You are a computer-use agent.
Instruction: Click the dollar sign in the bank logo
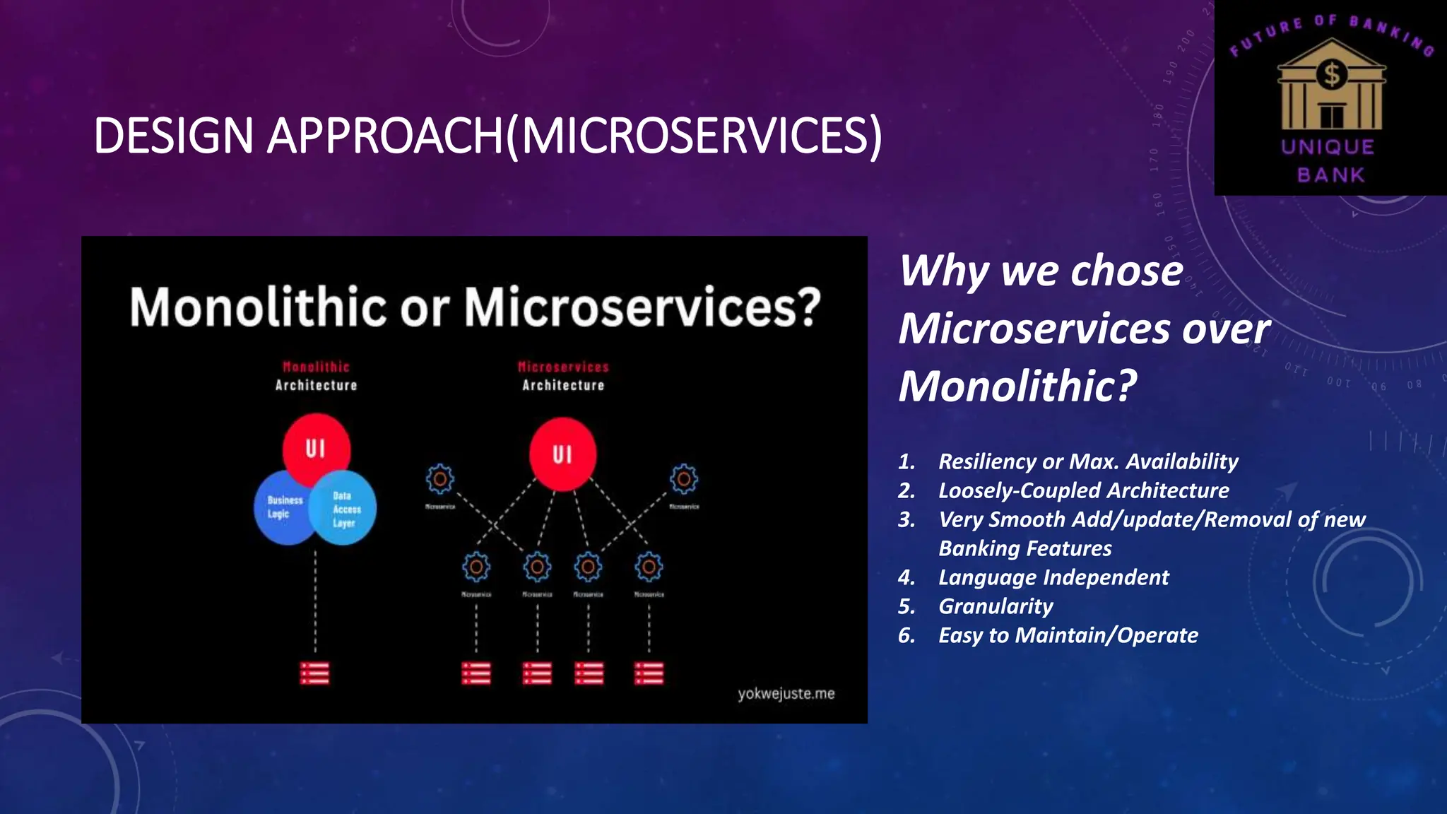click(1332, 74)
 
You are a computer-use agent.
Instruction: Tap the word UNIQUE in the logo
click(1328, 147)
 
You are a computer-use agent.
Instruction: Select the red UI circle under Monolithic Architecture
click(315, 448)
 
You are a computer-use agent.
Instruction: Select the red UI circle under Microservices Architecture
click(562, 454)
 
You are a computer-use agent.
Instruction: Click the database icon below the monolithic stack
click(314, 673)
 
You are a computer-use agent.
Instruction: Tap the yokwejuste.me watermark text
click(786, 694)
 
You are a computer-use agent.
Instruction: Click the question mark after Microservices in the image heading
click(808, 307)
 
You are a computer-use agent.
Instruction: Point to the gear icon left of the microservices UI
click(439, 479)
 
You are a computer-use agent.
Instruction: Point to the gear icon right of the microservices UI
click(683, 479)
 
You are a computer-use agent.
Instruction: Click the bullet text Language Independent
click(1053, 577)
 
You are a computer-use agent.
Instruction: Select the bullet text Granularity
click(995, 606)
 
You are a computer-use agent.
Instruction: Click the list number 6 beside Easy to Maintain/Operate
click(906, 635)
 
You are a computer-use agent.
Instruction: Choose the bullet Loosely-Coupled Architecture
click(1083, 490)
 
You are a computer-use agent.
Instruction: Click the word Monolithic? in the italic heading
click(1017, 387)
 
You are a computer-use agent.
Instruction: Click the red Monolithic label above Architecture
click(316, 367)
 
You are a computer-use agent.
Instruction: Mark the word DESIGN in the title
click(174, 136)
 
